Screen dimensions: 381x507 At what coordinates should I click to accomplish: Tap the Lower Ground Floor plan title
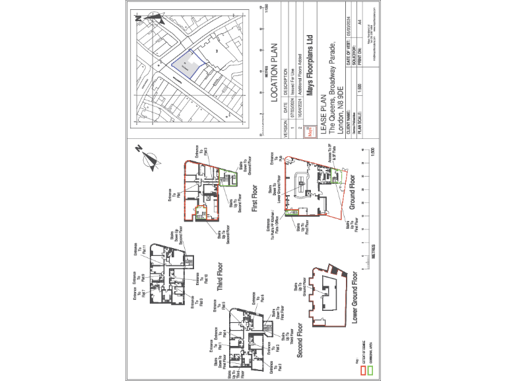(354, 297)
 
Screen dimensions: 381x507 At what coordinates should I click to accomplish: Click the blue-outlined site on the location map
(188, 65)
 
